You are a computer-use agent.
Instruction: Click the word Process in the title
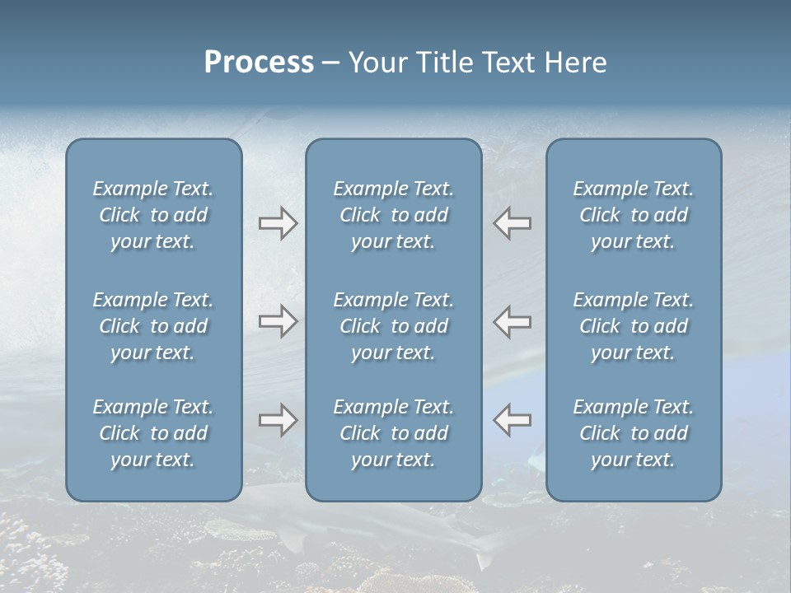pos(259,63)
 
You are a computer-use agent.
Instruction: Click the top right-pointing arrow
pos(278,223)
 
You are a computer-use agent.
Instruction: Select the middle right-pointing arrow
pos(278,321)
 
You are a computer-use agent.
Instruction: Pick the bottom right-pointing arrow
pos(278,420)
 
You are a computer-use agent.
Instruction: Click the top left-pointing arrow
pos(513,223)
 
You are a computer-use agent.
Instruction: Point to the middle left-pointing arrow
pos(513,321)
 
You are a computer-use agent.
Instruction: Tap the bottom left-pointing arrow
pos(513,420)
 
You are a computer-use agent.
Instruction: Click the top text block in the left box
pos(153,215)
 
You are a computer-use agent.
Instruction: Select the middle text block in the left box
pos(153,326)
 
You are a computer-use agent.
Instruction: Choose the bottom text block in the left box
pos(153,433)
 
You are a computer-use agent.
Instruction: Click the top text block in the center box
pos(393,215)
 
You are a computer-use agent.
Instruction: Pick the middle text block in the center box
pos(393,326)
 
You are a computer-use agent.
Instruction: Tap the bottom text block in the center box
pos(393,433)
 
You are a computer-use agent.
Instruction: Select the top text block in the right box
pos(633,215)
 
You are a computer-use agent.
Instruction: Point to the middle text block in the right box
pos(633,326)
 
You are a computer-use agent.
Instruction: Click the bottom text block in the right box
pos(633,433)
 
